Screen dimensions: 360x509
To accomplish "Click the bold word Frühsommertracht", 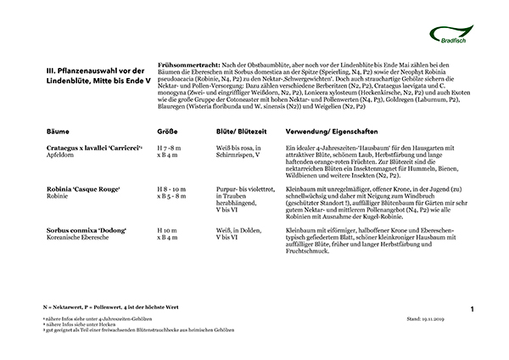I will pyautogui.click(x=187, y=65).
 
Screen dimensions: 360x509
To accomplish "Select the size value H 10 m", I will pyautogui.click(x=169, y=230).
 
